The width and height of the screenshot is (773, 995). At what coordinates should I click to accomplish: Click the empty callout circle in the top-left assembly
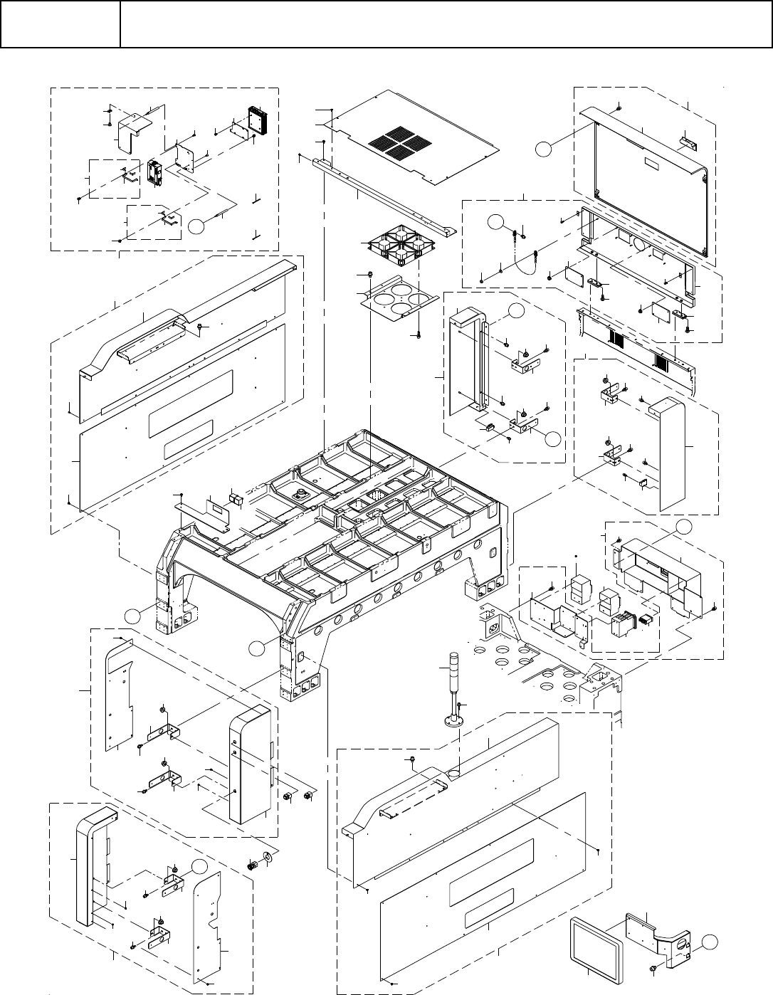(x=199, y=226)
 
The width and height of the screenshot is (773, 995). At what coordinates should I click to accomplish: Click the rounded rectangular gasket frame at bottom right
(x=596, y=946)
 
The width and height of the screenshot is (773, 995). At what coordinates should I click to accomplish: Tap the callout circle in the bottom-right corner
(x=708, y=942)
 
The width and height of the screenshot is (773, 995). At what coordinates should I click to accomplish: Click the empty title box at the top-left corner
(x=60, y=24)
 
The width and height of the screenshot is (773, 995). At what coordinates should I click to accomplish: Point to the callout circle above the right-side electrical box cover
(x=683, y=527)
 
